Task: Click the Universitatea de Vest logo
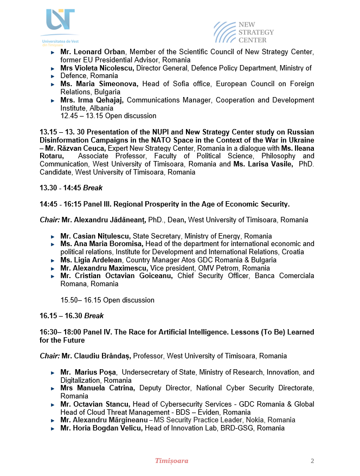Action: (61, 27)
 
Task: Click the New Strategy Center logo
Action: (243, 33)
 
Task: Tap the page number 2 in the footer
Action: (312, 461)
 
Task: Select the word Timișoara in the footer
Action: (172, 461)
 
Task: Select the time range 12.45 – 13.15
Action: (81, 116)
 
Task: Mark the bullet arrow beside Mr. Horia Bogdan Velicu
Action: (52, 428)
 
